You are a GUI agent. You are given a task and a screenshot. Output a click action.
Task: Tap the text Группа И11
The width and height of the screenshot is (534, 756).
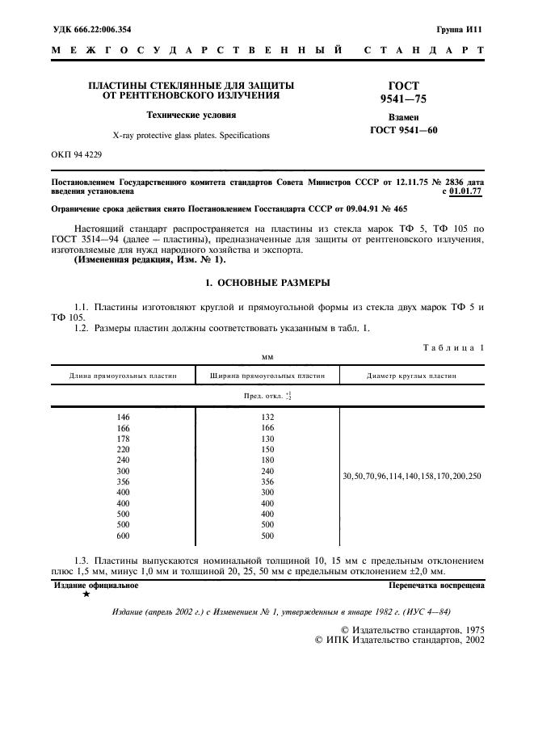click(460, 28)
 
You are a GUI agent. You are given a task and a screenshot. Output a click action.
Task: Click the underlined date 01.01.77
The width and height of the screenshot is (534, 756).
click(466, 192)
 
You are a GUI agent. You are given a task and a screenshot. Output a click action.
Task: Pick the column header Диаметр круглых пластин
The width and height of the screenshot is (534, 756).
click(411, 376)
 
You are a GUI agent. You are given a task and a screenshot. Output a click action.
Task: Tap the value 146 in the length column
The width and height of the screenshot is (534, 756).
click(123, 417)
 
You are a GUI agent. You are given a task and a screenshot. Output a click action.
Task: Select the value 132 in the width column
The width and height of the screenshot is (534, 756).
click(267, 417)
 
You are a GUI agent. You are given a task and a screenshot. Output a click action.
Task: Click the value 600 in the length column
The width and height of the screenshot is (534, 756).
click(123, 535)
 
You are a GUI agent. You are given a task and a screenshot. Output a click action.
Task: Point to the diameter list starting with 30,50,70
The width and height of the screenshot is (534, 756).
click(411, 476)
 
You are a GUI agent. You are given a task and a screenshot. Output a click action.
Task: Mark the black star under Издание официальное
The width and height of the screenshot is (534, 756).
click(86, 594)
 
